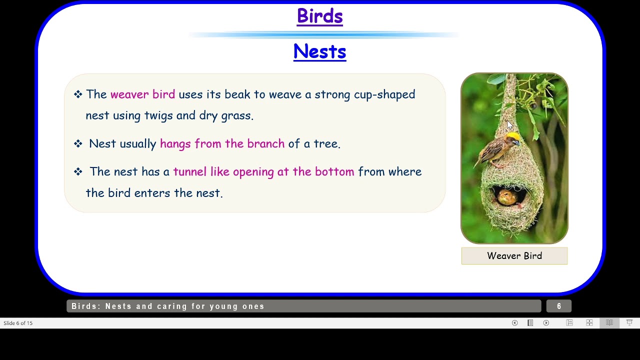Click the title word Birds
click(319, 16)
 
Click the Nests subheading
click(319, 51)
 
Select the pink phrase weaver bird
click(142, 94)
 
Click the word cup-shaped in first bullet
click(384, 94)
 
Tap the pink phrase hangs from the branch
click(222, 144)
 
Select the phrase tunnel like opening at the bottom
click(263, 172)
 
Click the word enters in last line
click(152, 193)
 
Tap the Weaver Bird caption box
click(514, 256)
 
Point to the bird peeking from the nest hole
click(507, 196)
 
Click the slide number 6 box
click(558, 306)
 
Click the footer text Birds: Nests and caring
click(168, 306)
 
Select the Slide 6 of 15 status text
click(18, 323)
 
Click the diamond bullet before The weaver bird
click(78, 94)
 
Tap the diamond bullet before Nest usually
click(78, 144)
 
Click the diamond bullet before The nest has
click(78, 172)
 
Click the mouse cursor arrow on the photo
click(509, 125)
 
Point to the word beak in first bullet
click(237, 94)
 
